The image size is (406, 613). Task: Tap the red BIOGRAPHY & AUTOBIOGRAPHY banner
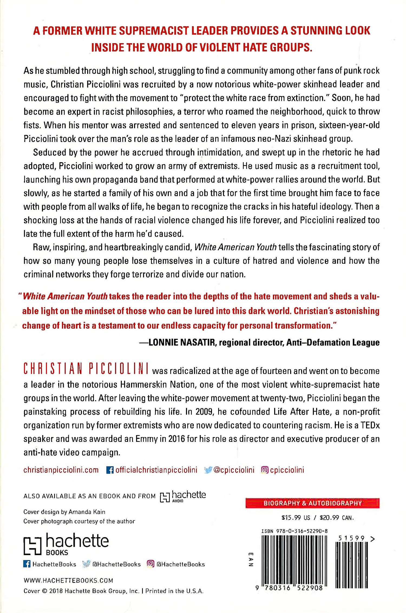(x=312, y=503)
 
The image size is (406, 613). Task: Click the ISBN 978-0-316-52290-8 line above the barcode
(x=294, y=531)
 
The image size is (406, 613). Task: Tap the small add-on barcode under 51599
(x=352, y=565)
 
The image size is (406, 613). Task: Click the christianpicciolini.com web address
(x=61, y=470)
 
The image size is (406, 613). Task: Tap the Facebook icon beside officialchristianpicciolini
(x=110, y=470)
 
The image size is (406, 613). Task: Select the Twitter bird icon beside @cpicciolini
(x=208, y=470)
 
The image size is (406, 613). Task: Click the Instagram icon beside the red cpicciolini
(x=264, y=470)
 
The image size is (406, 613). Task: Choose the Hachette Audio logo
(x=183, y=496)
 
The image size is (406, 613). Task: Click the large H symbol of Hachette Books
(x=32, y=545)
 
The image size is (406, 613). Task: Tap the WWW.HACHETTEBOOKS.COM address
(x=68, y=580)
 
